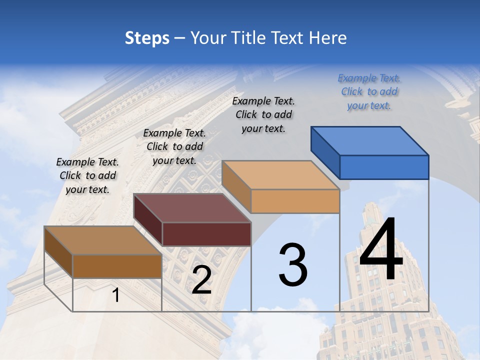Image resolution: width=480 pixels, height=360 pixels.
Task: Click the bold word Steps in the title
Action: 147,38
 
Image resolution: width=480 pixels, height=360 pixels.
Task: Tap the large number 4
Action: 381,249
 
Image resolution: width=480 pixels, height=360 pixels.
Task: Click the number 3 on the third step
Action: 293,265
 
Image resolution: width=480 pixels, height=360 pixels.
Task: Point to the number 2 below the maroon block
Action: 201,280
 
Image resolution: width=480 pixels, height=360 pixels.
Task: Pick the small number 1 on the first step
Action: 116,295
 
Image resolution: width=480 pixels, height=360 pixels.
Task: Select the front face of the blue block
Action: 384,167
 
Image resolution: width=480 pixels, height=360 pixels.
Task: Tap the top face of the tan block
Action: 280,175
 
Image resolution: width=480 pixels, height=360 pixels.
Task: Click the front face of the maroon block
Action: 206,234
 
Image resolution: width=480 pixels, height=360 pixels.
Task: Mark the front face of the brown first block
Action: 117,266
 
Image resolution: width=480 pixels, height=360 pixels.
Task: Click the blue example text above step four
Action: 369,92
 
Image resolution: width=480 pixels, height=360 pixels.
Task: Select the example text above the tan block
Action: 263,114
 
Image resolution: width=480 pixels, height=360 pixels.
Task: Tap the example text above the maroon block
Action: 174,146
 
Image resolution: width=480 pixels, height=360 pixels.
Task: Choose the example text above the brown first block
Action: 87,175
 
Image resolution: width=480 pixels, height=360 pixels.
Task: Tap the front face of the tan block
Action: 295,201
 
